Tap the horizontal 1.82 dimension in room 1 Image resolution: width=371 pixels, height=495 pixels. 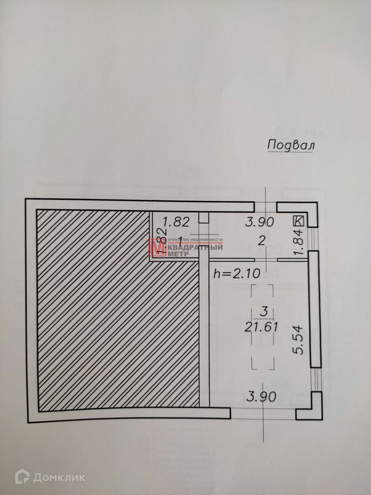tap(176, 222)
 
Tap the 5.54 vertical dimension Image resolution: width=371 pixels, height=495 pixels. tap(299, 339)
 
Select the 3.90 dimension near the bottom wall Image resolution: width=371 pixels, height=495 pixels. tap(261, 396)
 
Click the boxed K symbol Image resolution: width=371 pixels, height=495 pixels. tap(299, 221)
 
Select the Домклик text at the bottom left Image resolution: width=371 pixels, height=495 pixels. tap(59, 477)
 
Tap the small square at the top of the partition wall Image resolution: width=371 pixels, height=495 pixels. tap(204, 217)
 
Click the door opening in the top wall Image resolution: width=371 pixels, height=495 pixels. tap(265, 207)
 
